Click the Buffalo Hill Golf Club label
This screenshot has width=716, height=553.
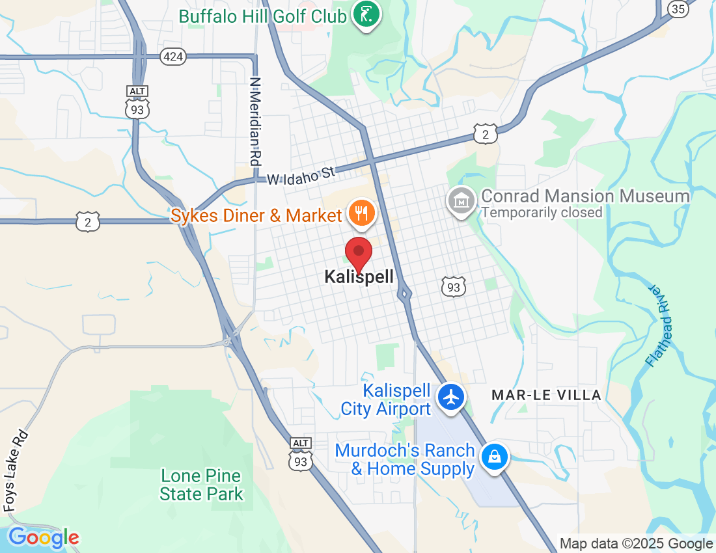click(x=262, y=16)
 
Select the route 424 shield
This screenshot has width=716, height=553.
click(x=173, y=57)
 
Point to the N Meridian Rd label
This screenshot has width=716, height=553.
click(x=255, y=121)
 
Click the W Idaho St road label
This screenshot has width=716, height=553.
click(x=300, y=175)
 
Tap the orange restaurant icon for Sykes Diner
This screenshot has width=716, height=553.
click(x=361, y=213)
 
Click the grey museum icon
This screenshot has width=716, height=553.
click(x=461, y=200)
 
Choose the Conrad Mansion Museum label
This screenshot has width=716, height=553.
click(x=585, y=196)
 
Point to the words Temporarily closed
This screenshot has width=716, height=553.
click(x=542, y=212)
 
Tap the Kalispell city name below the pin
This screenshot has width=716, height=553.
click(x=359, y=277)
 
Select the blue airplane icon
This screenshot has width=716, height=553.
click(x=450, y=396)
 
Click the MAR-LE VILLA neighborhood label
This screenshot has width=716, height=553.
click(x=546, y=395)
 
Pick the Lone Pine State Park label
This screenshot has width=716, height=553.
click(x=201, y=485)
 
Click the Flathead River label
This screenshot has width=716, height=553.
click(x=662, y=325)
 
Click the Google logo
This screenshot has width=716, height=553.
click(x=43, y=537)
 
